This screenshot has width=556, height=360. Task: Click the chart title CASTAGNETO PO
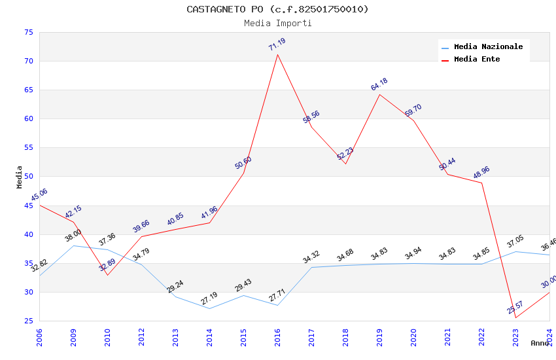277,9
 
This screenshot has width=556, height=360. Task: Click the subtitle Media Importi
277,24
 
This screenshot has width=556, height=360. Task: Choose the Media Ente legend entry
477,59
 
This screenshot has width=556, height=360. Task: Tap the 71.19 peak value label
277,45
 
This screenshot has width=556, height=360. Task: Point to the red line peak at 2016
277,54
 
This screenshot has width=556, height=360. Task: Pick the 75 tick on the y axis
27,32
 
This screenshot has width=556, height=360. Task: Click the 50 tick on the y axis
27,177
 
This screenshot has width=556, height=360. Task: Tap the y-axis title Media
20,177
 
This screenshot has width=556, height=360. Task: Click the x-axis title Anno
540,343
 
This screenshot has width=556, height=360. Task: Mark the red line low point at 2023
515,318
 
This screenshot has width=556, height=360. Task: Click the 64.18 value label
379,84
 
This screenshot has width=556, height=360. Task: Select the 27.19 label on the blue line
209,299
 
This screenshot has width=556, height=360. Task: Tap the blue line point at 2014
209,308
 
